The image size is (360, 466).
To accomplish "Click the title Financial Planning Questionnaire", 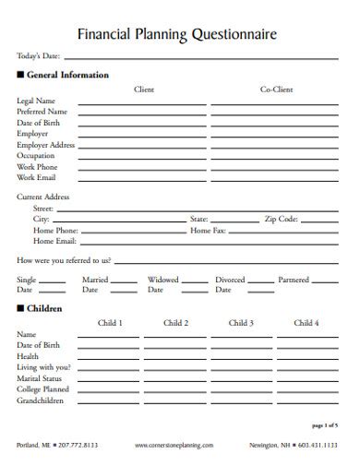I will pyautogui.click(x=176, y=34).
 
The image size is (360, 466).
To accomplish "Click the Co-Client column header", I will pyautogui.click(x=276, y=90).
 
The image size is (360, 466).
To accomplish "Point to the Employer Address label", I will pyautogui.click(x=45, y=145).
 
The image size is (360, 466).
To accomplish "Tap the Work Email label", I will pyautogui.click(x=37, y=177).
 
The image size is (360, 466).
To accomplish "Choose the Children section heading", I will pyautogui.click(x=44, y=308).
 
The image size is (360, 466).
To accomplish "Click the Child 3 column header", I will pyautogui.click(x=242, y=323).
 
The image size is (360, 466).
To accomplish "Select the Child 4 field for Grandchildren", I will pyautogui.click(x=306, y=403).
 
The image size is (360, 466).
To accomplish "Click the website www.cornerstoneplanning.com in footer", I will pyautogui.click(x=174, y=445).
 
